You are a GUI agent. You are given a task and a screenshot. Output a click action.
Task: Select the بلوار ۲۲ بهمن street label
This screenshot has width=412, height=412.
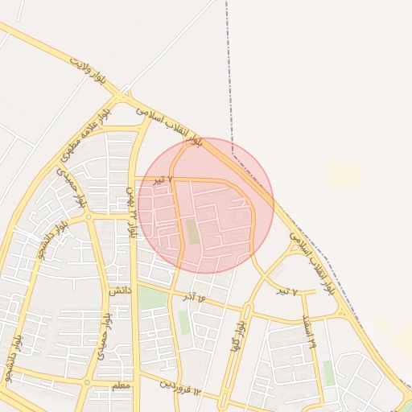(x=131, y=211)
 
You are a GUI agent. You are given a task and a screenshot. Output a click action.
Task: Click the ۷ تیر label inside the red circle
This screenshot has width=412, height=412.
(x=163, y=179)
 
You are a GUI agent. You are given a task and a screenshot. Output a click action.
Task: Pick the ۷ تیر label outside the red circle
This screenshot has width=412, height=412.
(x=287, y=291)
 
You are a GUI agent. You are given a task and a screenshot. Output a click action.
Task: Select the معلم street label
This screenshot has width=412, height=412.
(x=119, y=386)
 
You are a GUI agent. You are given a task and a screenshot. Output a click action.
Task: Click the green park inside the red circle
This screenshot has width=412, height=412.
(x=192, y=232)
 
